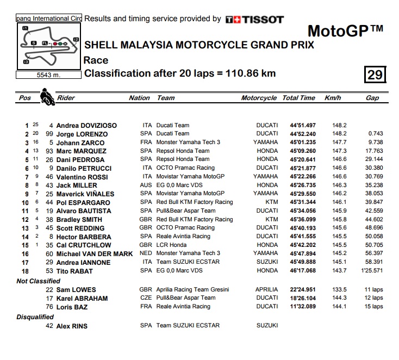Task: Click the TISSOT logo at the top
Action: [254, 20]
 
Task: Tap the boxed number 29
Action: [375, 74]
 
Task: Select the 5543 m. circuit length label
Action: [48, 75]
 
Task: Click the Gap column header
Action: [372, 98]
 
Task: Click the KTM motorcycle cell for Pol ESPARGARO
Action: [271, 202]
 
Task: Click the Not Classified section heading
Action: [39, 281]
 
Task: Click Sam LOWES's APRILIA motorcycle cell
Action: [266, 290]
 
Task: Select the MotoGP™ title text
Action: [346, 30]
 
